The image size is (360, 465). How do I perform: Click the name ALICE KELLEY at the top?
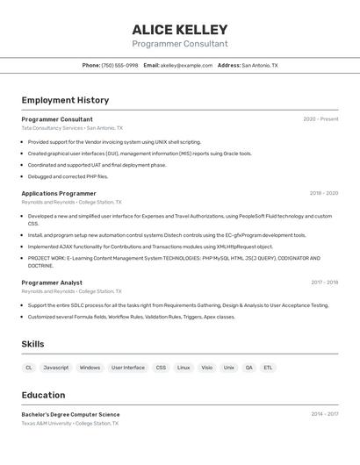pos(179,30)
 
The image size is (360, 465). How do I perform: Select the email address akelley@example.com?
pos(186,65)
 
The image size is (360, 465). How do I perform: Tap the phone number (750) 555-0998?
pos(119,65)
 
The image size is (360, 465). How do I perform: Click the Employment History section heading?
pos(65,100)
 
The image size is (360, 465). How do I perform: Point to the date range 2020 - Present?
pos(320,119)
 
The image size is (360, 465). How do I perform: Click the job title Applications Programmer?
pos(59,193)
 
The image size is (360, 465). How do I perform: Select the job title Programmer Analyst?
pos(52,283)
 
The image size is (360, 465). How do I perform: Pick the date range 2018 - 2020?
pos(323,193)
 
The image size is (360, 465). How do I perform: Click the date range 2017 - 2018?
pos(324,283)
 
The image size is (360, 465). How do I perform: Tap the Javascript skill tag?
pos(56,368)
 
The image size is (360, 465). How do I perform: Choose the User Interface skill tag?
pos(128,368)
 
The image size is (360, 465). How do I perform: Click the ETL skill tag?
pos(268,368)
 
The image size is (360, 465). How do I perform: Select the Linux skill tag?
pos(184,368)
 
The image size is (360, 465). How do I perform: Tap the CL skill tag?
pos(29,368)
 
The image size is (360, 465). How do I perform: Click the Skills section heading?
pos(32,344)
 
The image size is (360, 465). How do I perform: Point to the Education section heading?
pos(43,395)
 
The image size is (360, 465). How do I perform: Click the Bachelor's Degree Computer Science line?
pos(70,414)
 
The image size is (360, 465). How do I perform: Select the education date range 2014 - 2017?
pos(324,414)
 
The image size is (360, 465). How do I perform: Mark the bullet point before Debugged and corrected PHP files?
pos(23,176)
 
